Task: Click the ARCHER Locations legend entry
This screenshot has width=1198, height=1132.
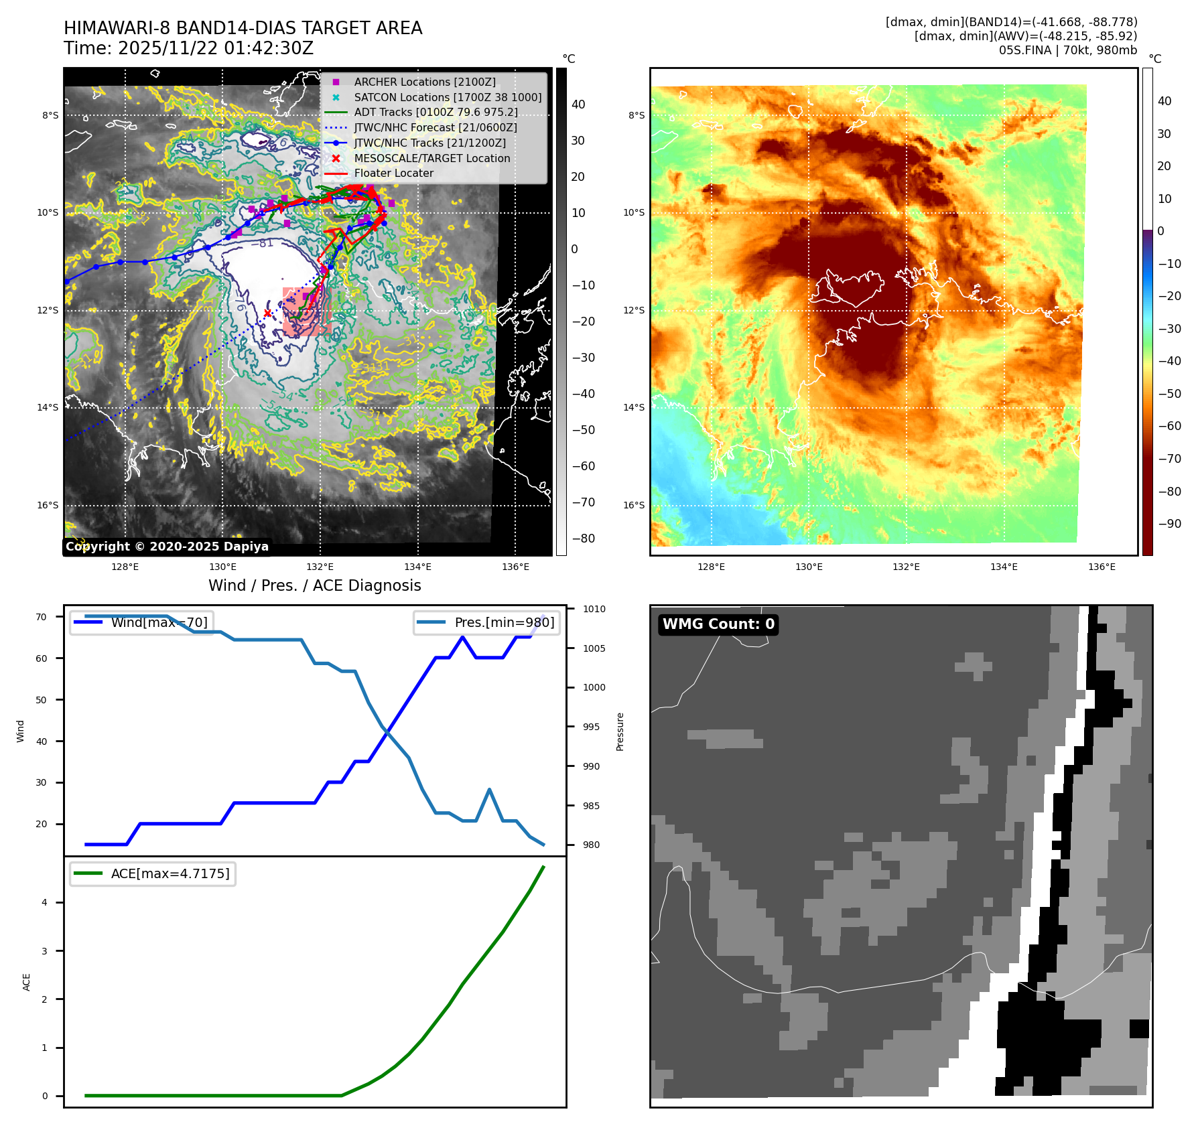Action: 425,82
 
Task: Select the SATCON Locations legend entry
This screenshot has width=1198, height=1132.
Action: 448,97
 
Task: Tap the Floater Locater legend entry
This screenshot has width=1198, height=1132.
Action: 393,173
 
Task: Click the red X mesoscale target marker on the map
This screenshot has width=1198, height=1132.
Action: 267,313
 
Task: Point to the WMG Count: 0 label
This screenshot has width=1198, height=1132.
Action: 718,624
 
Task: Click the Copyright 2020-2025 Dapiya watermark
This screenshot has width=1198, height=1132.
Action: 167,547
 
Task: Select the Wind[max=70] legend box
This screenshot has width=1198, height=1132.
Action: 141,622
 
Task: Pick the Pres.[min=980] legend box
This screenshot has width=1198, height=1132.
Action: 486,622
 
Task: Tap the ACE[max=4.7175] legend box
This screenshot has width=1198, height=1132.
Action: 153,873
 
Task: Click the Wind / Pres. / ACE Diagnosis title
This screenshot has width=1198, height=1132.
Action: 314,585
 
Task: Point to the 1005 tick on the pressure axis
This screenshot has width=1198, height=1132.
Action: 594,648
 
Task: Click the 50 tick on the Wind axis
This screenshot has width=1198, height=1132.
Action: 42,700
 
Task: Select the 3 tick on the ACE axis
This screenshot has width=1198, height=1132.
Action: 45,951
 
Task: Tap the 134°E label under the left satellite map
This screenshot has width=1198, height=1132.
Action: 417,567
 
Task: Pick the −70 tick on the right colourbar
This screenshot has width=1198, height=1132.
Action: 1169,459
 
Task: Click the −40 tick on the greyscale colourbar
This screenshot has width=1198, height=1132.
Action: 583,394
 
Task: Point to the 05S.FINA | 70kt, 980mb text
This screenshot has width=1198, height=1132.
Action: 1067,50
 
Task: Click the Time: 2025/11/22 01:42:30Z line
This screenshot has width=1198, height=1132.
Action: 188,48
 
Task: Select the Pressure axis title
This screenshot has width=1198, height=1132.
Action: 620,731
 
